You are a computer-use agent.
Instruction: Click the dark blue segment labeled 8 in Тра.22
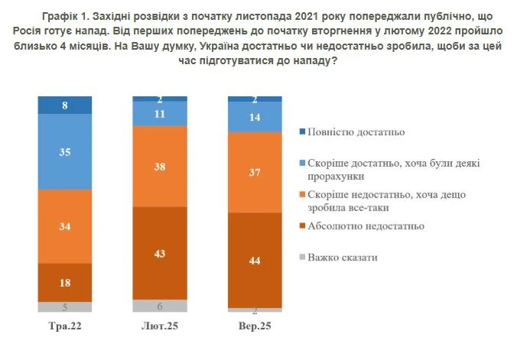pyautogui.click(x=65, y=105)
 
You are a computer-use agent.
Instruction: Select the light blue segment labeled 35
pyautogui.click(x=65, y=152)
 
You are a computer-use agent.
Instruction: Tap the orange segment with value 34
pyautogui.click(x=65, y=226)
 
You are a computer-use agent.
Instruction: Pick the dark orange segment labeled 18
pyautogui.click(x=65, y=282)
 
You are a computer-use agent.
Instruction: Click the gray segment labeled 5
pyautogui.click(x=65, y=306)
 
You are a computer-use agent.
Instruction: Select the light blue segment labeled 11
pyautogui.click(x=160, y=113)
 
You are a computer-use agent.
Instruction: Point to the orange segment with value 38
pyautogui.click(x=160, y=166)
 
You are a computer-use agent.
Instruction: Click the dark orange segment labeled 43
pyautogui.click(x=160, y=253)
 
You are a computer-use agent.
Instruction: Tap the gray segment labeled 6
pyautogui.click(x=160, y=306)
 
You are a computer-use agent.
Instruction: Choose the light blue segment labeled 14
pyautogui.click(x=254, y=117)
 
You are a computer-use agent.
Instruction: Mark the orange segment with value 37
pyautogui.click(x=254, y=172)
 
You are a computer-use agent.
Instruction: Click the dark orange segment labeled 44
pyautogui.click(x=254, y=260)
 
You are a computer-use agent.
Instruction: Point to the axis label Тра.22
pyautogui.click(x=65, y=326)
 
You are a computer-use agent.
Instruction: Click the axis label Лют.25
pyautogui.click(x=160, y=326)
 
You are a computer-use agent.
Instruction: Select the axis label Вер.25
pyautogui.click(x=254, y=326)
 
